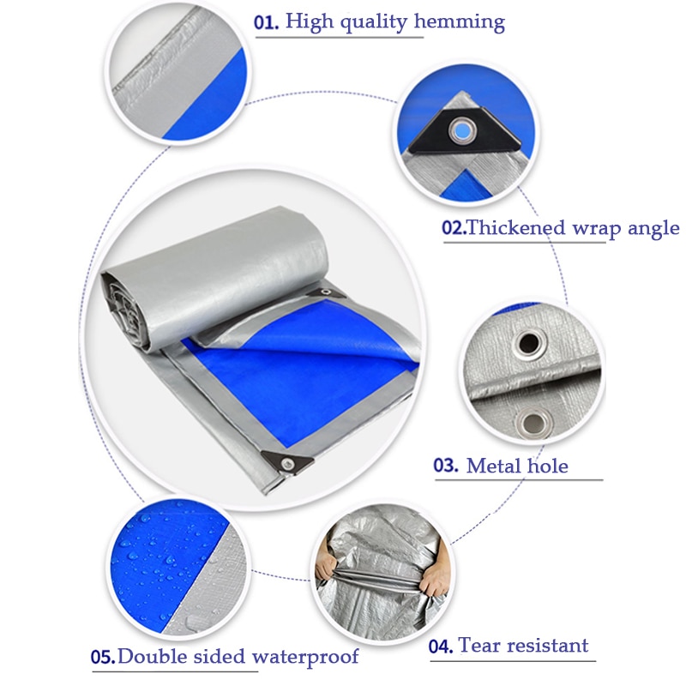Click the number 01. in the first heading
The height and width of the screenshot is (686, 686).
coord(266,22)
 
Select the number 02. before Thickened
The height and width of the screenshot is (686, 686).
coord(454,228)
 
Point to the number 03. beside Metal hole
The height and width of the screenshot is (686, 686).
coord(446,465)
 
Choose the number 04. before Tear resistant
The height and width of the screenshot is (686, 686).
coord(441,647)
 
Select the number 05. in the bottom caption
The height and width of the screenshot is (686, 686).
coord(103,657)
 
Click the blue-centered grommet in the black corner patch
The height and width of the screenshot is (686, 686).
coord(462,130)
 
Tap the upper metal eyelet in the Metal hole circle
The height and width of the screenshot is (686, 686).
coord(529,343)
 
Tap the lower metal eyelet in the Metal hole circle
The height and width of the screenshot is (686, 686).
coord(533,423)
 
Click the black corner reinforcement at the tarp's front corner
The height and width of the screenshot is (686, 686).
coord(288,462)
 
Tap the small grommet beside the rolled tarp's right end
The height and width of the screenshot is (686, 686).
coord(324,292)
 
